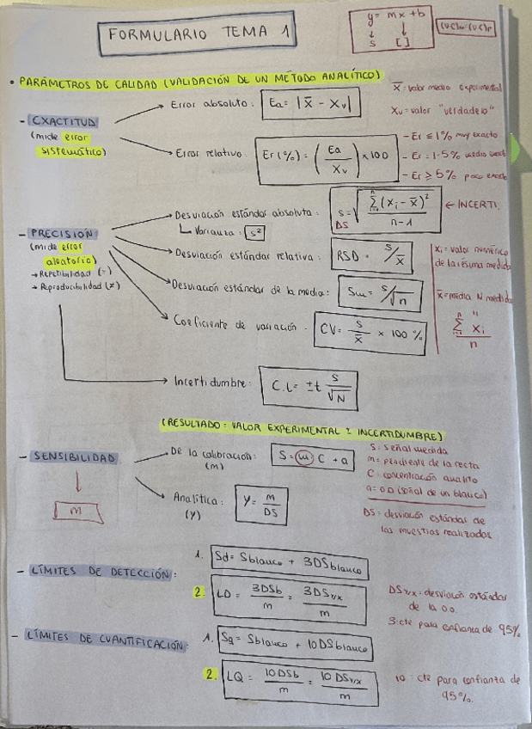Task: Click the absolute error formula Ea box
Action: pos(310,104)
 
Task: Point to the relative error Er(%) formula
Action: pos(327,156)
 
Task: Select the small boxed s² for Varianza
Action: pos(254,232)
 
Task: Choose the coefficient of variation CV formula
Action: pos(370,330)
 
